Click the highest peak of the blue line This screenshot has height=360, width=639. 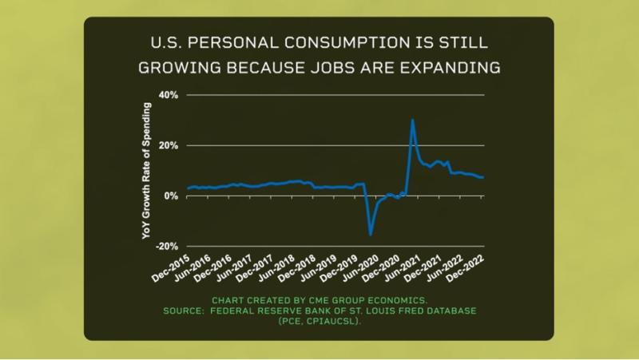pos(412,121)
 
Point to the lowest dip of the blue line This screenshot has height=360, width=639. pos(371,235)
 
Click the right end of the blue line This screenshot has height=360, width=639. pos(483,177)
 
